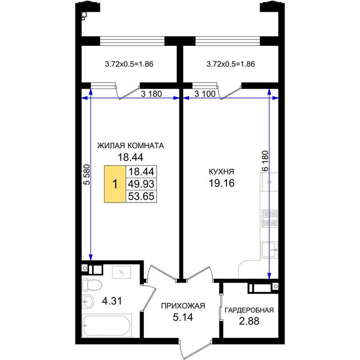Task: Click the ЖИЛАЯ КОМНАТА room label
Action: (130, 146)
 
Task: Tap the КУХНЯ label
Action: (221, 172)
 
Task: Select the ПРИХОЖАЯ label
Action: (183, 306)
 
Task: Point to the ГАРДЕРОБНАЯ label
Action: (249, 310)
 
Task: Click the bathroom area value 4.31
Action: (112, 301)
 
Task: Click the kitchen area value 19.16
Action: (222, 183)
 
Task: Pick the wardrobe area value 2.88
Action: (249, 321)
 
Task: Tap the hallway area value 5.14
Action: (183, 317)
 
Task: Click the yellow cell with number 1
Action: (115, 184)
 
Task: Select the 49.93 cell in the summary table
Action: (141, 184)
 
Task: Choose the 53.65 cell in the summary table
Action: (141, 196)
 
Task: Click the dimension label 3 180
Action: (151, 94)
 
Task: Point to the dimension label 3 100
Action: (205, 94)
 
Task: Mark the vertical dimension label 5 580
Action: (87, 175)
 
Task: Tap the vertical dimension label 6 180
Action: (265, 161)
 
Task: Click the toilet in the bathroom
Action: (92, 285)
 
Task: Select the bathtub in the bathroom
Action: (107, 326)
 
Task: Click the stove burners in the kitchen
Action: (270, 218)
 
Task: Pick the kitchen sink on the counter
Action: (270, 250)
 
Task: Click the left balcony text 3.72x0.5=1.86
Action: (129, 64)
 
